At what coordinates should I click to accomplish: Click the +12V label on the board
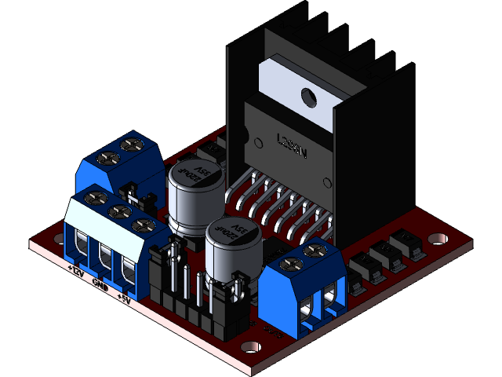click(x=75, y=271)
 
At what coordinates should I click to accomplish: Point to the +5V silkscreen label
click(x=124, y=298)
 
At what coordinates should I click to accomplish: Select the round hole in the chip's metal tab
click(x=308, y=97)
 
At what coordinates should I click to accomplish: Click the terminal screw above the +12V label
click(x=97, y=196)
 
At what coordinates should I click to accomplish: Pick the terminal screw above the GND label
click(x=120, y=210)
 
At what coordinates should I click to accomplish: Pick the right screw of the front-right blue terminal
click(x=316, y=249)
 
